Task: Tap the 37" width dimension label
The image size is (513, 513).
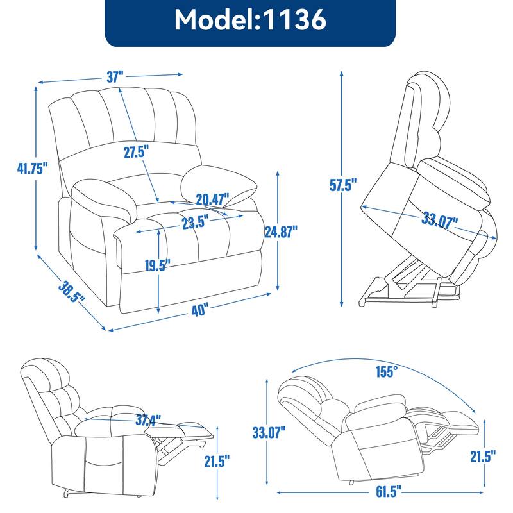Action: tap(115, 77)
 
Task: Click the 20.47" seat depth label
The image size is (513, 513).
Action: tap(212, 199)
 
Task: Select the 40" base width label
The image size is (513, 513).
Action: tap(199, 310)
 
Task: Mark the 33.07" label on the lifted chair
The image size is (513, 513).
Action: tap(439, 222)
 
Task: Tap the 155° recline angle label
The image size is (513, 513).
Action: tap(386, 370)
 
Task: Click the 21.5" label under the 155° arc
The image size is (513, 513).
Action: tap(482, 457)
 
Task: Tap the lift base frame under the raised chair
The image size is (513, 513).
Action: tap(398, 289)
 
